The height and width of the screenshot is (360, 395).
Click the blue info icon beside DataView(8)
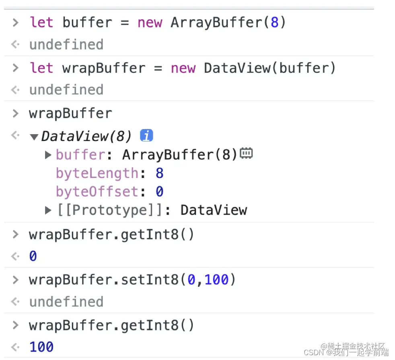pyautogui.click(x=146, y=136)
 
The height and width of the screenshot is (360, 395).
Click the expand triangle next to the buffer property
pyautogui.click(x=48, y=155)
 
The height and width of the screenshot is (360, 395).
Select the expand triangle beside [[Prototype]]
pyautogui.click(x=48, y=210)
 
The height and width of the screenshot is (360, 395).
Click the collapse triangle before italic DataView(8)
pyautogui.click(x=34, y=137)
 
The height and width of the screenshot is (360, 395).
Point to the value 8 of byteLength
pyautogui.click(x=159, y=173)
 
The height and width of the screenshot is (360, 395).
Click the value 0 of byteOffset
pyautogui.click(x=159, y=192)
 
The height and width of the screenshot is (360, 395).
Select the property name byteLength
pyautogui.click(x=97, y=173)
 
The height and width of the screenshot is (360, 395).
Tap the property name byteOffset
pyautogui.click(x=97, y=192)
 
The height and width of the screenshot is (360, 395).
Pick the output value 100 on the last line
pyautogui.click(x=41, y=347)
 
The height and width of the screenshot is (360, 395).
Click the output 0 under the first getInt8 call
pyautogui.click(x=33, y=256)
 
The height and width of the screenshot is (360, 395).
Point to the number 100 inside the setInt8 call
pyautogui.click(x=216, y=279)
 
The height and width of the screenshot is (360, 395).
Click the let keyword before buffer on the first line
pyautogui.click(x=41, y=22)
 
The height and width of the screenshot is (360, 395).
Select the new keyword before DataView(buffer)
pyautogui.click(x=183, y=68)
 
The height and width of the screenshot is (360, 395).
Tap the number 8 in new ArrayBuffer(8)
pyautogui.click(x=274, y=22)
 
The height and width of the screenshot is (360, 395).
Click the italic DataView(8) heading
pyautogui.click(x=86, y=137)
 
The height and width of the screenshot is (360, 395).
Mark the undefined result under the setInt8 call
pyautogui.click(x=66, y=302)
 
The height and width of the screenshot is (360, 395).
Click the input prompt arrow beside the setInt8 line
pyautogui.click(x=16, y=279)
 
